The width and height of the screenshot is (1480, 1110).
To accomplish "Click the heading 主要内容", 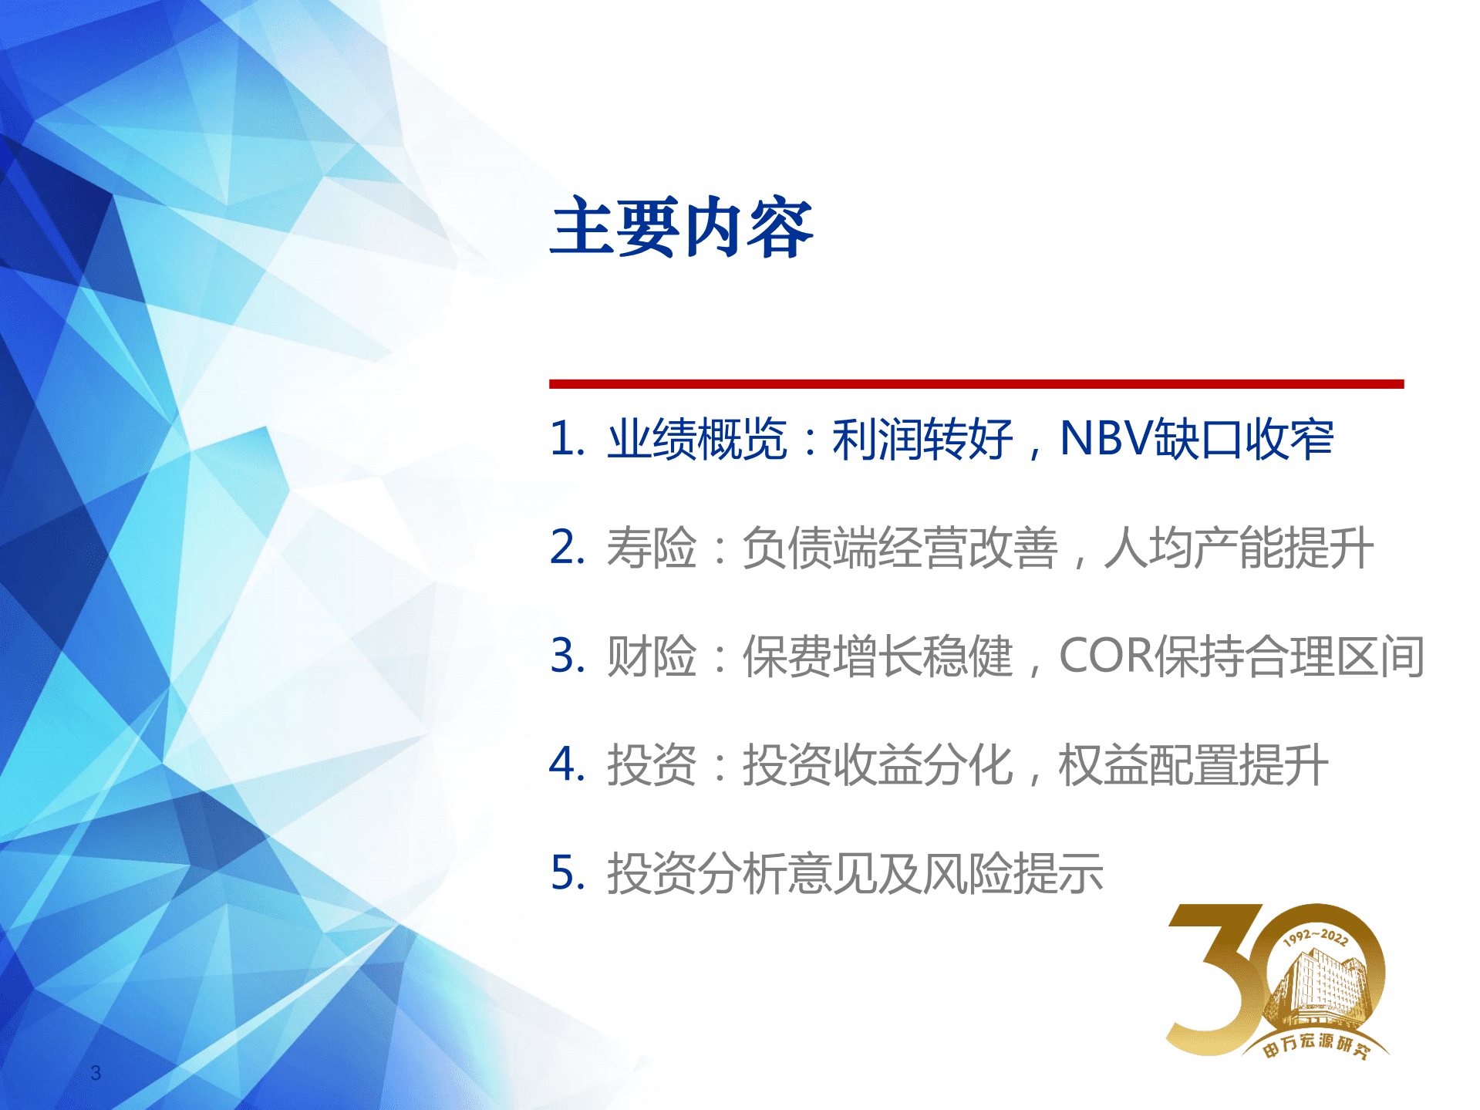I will coord(682,227).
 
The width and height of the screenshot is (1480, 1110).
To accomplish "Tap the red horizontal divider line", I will coord(976,383).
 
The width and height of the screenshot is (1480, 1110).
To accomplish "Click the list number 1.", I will coord(565,439).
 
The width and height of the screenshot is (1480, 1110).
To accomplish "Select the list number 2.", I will coord(566,548).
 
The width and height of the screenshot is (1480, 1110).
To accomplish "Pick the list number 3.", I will coord(566,656).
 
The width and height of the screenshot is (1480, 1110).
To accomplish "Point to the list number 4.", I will coord(566,764).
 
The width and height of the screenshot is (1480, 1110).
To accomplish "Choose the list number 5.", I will coord(566,873).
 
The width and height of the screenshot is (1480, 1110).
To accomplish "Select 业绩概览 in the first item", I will coord(696,440).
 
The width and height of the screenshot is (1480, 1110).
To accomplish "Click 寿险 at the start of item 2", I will coord(651,548).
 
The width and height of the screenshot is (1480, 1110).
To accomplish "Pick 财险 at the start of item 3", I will coord(651,657).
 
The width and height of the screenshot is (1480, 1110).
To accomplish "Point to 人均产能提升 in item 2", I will coord(1238,548).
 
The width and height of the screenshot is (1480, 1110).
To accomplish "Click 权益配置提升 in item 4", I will coord(1192,765).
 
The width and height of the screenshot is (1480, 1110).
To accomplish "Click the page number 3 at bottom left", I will coord(96,1072).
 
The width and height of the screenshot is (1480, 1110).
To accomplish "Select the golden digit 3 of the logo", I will coord(1215,980).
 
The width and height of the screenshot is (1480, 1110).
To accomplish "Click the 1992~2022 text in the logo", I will coord(1316,937).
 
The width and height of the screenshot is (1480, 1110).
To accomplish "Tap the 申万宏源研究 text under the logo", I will coord(1315,1044).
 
